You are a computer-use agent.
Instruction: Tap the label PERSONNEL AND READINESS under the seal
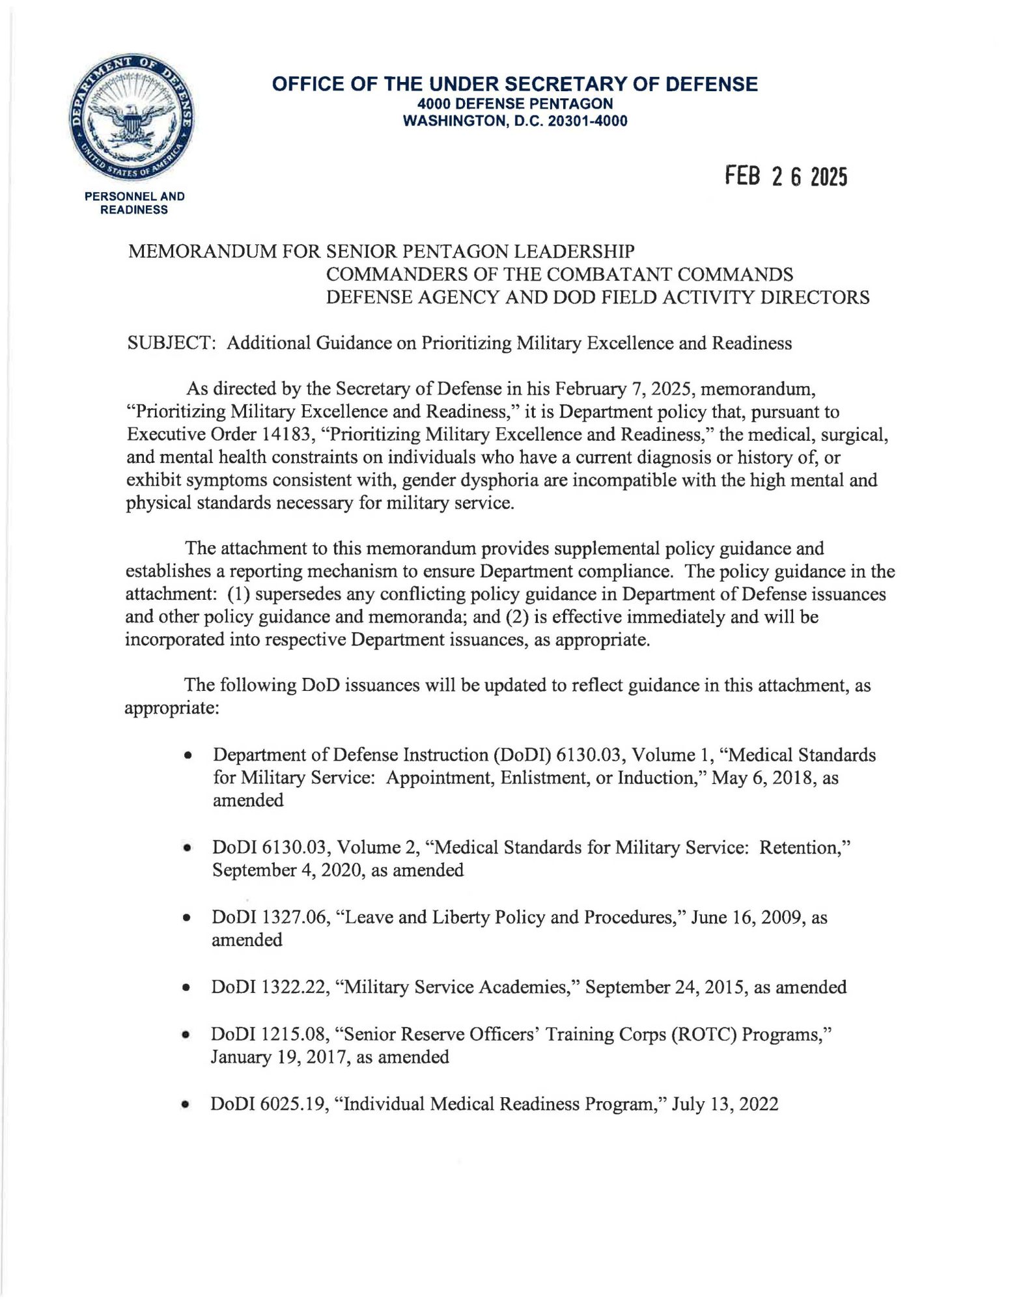pos(135,203)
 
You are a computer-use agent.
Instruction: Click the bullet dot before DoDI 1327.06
pos(187,918)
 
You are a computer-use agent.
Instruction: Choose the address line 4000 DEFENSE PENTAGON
pos(514,104)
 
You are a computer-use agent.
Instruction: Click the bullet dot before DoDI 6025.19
pos(187,1105)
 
